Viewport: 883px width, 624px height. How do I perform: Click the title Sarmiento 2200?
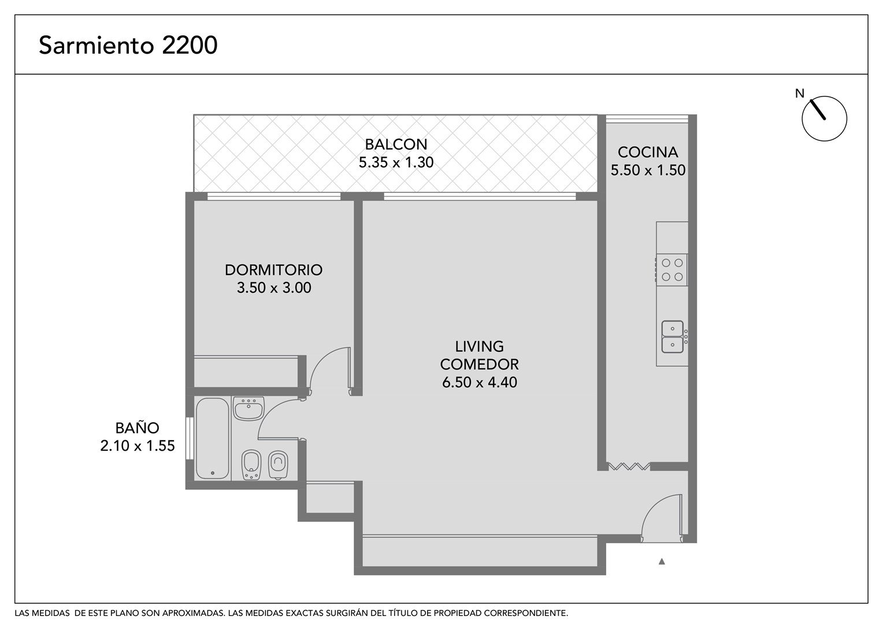(128, 45)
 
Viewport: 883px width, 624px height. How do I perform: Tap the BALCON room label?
(396, 144)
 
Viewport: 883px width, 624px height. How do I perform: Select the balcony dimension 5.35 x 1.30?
(396, 162)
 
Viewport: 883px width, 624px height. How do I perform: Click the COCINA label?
(648, 152)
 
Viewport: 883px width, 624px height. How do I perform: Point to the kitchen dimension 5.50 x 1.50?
(648, 170)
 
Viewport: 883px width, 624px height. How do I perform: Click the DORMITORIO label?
(273, 270)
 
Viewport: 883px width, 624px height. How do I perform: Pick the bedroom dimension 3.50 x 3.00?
(273, 288)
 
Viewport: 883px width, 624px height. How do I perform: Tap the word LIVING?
(479, 347)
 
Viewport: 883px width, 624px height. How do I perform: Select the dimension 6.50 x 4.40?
(479, 382)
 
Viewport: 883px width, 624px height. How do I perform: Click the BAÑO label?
(137, 428)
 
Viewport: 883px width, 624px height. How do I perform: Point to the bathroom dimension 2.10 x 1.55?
(137, 446)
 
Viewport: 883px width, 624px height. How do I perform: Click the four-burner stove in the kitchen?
(671, 270)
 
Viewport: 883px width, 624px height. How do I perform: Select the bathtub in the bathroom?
(213, 439)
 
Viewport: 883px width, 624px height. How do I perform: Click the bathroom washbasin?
(248, 408)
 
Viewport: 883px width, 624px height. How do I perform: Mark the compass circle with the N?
(824, 118)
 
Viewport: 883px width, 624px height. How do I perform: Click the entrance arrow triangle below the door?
(662, 562)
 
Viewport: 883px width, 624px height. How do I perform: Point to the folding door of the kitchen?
(629, 466)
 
